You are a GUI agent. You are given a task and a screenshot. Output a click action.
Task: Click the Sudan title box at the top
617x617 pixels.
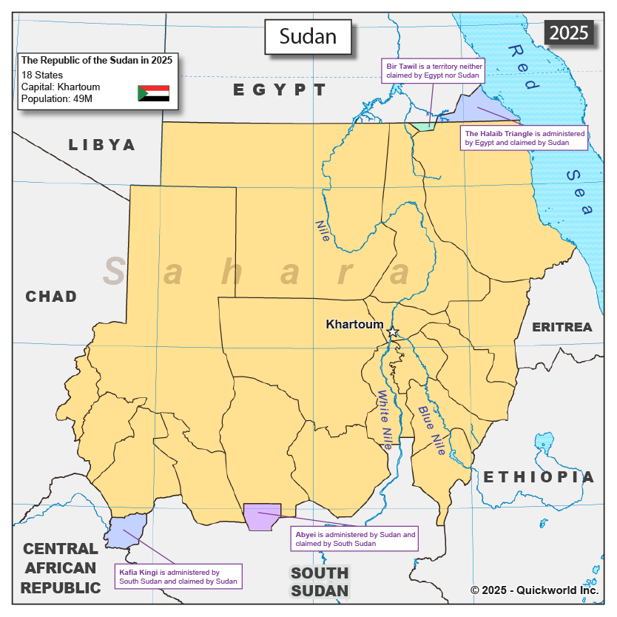308,36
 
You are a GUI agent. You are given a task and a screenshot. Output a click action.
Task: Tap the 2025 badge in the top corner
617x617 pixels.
569,33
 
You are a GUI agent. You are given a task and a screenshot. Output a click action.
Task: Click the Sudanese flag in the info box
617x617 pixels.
153,93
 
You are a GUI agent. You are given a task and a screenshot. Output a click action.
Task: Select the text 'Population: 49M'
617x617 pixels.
56,98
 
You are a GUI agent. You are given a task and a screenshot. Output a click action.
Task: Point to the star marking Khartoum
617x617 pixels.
394,332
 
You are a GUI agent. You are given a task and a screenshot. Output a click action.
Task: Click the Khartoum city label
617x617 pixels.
354,324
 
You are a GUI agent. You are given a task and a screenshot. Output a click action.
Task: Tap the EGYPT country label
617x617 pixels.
280,90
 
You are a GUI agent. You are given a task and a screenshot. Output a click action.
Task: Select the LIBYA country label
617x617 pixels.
102,145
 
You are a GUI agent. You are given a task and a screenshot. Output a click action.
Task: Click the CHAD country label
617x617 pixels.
51,297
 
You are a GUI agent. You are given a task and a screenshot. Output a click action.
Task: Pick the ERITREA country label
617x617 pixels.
562,327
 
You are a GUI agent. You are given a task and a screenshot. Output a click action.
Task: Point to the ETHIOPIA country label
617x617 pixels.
539,477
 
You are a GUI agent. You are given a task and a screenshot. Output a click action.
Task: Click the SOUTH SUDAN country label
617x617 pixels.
319,581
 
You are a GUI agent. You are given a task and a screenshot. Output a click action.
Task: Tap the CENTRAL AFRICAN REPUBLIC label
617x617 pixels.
60,568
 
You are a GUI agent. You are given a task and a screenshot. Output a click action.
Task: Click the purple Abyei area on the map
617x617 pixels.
262,516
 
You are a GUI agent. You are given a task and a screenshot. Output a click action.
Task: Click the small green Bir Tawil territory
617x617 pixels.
422,126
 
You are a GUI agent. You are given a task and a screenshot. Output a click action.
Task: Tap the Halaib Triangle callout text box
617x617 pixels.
524,138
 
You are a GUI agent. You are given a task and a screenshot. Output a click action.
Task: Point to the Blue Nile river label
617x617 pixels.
431,430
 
